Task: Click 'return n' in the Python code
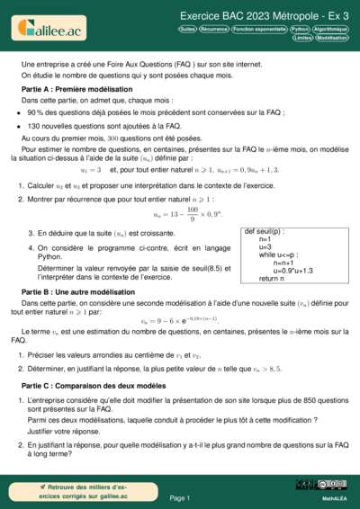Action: (274, 279)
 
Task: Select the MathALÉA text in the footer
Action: (335, 497)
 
